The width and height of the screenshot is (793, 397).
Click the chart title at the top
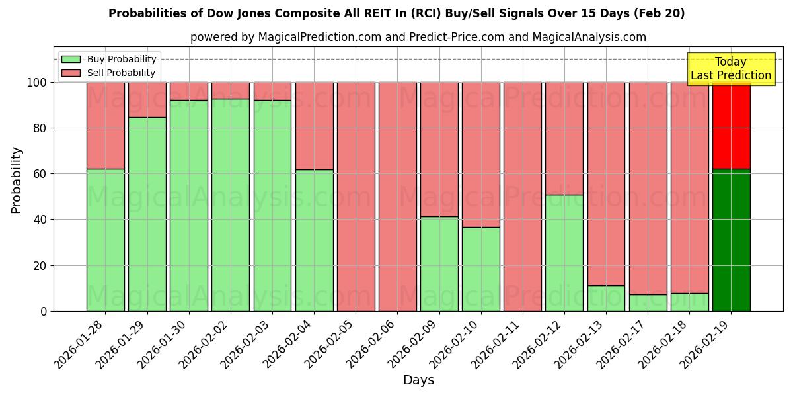(x=397, y=13)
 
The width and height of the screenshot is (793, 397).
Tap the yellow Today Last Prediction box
(x=730, y=69)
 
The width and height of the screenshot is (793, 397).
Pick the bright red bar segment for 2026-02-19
(x=731, y=126)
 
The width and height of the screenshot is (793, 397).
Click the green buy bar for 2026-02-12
(x=564, y=253)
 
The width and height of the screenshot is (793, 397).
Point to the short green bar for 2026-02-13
(x=606, y=298)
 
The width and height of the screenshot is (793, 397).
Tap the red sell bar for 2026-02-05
(x=356, y=197)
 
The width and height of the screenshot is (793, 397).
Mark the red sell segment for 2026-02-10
(x=480, y=155)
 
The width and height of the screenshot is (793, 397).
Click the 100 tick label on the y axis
(x=38, y=83)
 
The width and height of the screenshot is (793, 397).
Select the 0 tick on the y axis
(x=44, y=311)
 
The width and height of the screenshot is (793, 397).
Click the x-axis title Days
(x=418, y=380)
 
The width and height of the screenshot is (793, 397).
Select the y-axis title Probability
(x=17, y=180)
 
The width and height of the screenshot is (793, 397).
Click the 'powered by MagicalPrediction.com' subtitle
(x=418, y=38)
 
